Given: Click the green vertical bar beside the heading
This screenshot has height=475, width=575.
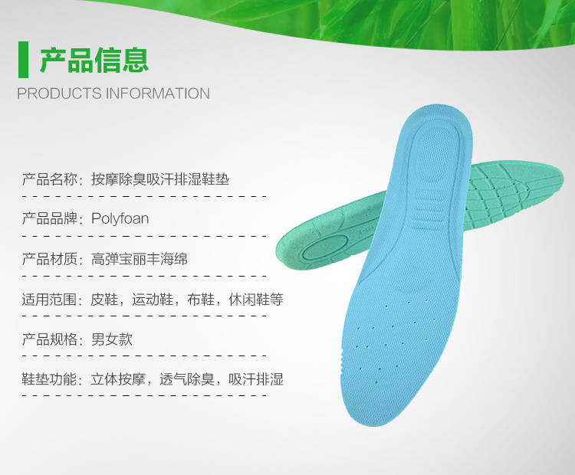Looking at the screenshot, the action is (x=23, y=60).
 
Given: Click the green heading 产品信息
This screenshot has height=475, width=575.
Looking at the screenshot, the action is (x=94, y=60).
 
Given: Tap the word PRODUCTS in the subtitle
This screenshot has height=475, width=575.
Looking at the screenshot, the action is (x=59, y=93).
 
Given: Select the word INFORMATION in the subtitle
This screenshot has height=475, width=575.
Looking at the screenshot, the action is (x=158, y=93).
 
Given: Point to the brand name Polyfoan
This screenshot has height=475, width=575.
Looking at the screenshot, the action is (x=120, y=219).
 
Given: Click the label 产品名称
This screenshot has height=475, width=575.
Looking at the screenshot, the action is (x=50, y=179).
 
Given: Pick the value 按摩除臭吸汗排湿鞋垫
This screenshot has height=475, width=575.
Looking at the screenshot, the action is (x=160, y=179).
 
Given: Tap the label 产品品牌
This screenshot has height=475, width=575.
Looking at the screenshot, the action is (x=50, y=219).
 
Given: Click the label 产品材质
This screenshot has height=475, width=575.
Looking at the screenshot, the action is (x=50, y=259).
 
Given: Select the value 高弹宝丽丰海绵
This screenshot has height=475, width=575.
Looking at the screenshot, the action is (x=140, y=259).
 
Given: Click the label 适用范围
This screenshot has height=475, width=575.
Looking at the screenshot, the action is (x=50, y=299).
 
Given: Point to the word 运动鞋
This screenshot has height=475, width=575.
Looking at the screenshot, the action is (x=153, y=299).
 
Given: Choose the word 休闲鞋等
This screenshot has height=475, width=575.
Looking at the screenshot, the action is (x=256, y=299).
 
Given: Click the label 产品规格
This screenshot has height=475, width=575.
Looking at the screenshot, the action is (x=50, y=339).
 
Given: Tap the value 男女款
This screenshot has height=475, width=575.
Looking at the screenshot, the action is (x=111, y=339).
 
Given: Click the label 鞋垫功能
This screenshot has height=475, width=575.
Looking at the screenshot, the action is (x=50, y=379).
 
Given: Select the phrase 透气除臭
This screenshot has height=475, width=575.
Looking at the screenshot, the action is (x=187, y=379).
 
